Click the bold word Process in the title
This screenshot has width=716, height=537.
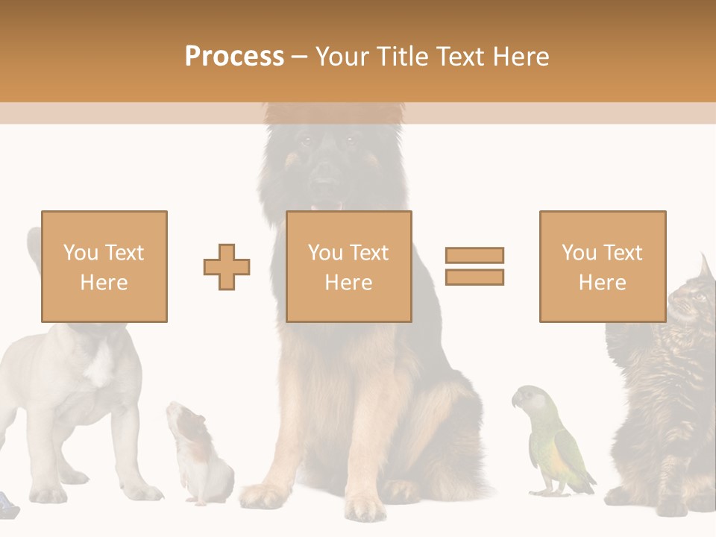tap(234, 56)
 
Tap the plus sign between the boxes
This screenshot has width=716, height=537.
tap(227, 266)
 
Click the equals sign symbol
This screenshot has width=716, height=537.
tap(474, 266)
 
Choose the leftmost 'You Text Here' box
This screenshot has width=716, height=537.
tap(104, 266)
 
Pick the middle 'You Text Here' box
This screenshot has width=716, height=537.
tap(348, 266)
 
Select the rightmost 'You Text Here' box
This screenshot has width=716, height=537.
tap(602, 266)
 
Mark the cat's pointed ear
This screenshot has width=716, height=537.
tap(706, 265)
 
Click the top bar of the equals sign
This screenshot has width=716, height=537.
tap(474, 256)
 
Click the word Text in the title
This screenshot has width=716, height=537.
tap(460, 56)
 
